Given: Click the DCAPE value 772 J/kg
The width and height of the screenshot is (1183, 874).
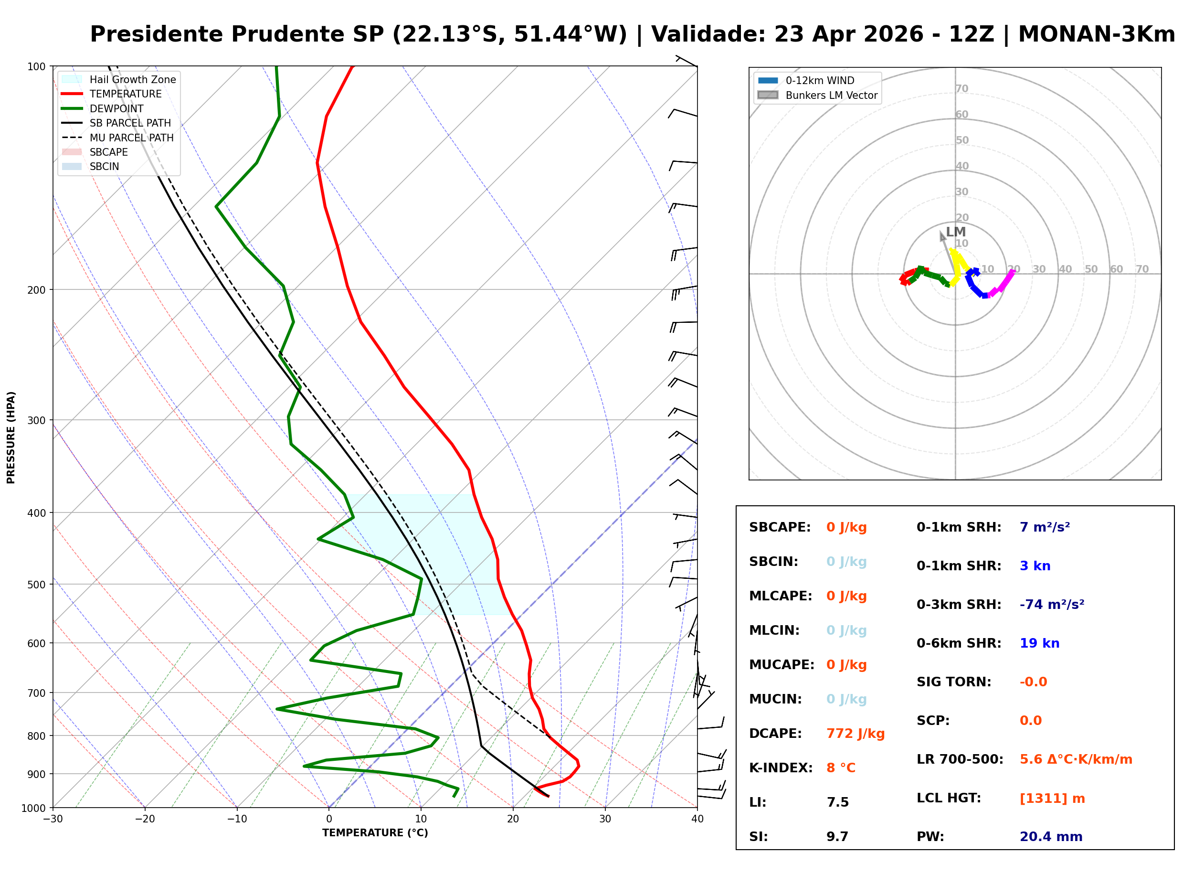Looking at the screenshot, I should [855, 733].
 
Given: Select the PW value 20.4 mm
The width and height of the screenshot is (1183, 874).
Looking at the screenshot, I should [1050, 836].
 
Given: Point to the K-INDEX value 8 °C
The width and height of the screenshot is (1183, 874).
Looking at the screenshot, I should [840, 767].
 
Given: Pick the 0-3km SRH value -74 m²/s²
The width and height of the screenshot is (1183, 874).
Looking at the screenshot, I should [1051, 604].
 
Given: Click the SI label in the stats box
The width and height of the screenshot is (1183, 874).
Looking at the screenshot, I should [758, 836].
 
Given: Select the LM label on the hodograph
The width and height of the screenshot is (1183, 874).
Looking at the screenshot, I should [956, 232].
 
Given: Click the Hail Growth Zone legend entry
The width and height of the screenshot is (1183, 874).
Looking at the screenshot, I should [132, 79].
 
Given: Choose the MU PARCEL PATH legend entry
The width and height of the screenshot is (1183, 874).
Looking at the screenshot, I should [131, 138].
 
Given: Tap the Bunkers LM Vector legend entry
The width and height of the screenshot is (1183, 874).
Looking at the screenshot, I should [831, 95].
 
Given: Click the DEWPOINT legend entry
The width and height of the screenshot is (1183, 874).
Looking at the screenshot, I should [116, 108].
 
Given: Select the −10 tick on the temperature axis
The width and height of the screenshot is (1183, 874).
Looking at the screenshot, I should [236, 819].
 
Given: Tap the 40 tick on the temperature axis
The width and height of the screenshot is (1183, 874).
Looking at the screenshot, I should [697, 819].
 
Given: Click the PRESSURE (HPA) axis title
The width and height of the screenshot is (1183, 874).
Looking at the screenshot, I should [11, 437].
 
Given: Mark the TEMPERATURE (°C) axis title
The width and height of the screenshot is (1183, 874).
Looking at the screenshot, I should [375, 833].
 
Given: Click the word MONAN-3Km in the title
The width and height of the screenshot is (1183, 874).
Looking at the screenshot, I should [1096, 34].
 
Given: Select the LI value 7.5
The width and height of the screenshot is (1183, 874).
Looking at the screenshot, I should [837, 802].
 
